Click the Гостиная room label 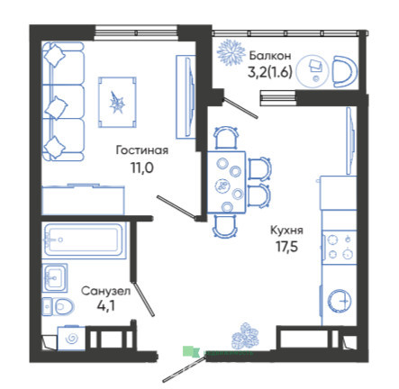[x=142, y=150]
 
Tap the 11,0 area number [x=141, y=168]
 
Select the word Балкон [x=270, y=56]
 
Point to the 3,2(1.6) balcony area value [x=270, y=72]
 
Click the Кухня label [x=286, y=231]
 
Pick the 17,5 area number [x=286, y=247]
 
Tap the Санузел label [x=106, y=291]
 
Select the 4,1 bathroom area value [x=106, y=306]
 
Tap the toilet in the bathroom [x=58, y=306]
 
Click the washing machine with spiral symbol [x=72, y=338]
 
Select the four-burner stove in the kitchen [x=340, y=248]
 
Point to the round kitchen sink [x=340, y=301]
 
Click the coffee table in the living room [x=117, y=103]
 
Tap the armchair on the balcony [x=345, y=71]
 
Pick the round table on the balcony [x=313, y=71]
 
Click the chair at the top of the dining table [x=226, y=138]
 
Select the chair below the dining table [x=225, y=226]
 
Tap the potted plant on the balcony [x=231, y=52]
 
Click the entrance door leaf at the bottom [x=183, y=369]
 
